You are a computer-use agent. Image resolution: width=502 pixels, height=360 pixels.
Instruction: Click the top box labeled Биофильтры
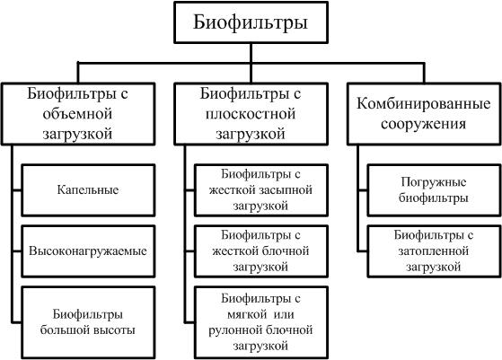pos(251,22)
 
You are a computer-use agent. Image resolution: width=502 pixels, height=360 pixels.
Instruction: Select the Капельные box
pos(88,190)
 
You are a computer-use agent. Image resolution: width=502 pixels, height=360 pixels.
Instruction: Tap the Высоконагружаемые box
pos(88,251)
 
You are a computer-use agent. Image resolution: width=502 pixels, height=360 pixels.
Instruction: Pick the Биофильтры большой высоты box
pos(88,322)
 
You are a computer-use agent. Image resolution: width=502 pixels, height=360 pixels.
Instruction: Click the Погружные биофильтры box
pos(434,190)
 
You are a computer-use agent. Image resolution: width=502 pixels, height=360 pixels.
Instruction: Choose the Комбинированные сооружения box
pos(424,114)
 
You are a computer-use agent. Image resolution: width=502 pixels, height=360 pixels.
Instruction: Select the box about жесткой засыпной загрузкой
pos(261,190)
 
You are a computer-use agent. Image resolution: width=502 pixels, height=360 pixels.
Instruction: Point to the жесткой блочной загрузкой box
pos(261,251)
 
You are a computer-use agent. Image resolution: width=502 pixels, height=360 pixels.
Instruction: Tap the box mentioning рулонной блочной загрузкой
pos(261,322)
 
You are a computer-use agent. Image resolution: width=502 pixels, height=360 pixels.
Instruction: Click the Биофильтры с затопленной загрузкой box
pos(434,251)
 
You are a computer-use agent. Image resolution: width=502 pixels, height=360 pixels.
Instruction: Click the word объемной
pos(77,114)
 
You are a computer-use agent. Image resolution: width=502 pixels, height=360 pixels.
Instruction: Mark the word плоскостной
pos(251,114)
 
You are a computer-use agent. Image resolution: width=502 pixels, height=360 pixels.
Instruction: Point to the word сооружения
pos(423,124)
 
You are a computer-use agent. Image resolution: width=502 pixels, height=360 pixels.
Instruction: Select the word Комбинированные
pos(423,103)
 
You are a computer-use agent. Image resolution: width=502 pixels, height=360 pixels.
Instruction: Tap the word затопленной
pos(434,250)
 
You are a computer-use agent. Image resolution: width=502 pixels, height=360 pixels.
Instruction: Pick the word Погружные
pos(434,182)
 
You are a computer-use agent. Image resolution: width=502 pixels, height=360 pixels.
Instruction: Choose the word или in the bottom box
pos(284,314)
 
